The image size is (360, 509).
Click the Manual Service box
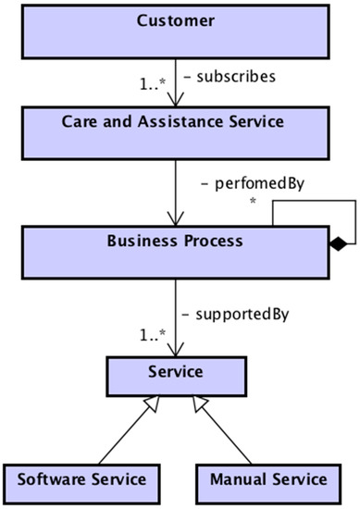pyautogui.click(x=267, y=479)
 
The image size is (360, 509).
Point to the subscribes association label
pyautogui.click(x=231, y=76)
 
